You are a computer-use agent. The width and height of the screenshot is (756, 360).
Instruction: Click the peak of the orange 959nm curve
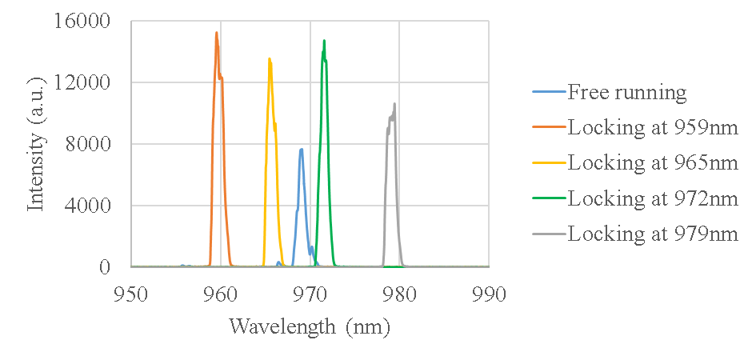tap(216, 33)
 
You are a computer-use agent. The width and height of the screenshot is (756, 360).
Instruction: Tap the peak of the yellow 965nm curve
tap(270, 58)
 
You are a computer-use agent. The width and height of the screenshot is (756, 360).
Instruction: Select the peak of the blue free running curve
tap(302, 149)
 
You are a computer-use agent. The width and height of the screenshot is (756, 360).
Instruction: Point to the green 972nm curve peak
tap(324, 41)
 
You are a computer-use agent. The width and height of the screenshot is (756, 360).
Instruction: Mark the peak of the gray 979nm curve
tap(394, 103)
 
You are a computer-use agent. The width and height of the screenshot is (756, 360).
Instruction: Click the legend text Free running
tap(626, 92)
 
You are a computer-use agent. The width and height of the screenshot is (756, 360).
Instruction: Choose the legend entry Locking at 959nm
tap(652, 127)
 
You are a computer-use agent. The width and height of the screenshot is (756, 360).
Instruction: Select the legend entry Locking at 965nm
tap(652, 162)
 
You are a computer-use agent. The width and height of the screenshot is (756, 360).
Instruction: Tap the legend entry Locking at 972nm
tap(652, 198)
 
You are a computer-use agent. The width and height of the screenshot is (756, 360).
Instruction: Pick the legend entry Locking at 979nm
tap(652, 234)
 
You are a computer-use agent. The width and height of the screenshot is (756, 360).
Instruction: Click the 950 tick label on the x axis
tap(131, 294)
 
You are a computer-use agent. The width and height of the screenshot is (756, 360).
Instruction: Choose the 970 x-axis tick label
tap(310, 294)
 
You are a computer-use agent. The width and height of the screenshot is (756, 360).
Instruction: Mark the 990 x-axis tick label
tap(488, 294)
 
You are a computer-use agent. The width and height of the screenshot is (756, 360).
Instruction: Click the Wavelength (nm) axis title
tap(309, 326)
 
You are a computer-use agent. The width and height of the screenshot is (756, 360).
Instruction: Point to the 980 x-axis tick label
tap(399, 294)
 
